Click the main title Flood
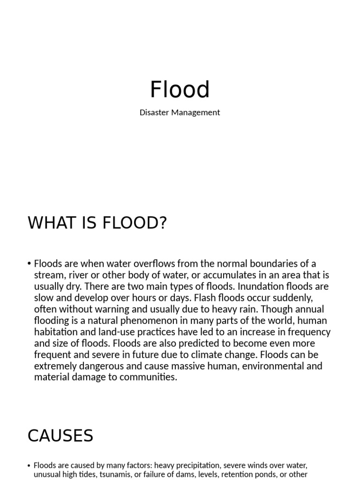(x=180, y=90)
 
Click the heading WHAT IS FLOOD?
(x=97, y=223)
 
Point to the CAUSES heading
(x=60, y=436)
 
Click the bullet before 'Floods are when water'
(x=30, y=264)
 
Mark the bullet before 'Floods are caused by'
(x=30, y=466)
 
